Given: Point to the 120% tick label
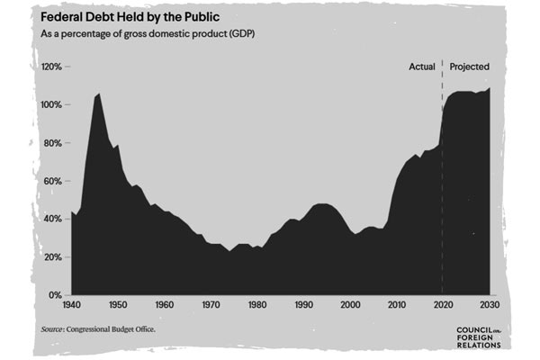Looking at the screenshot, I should click(49, 67).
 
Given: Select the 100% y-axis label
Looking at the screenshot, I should click(49, 105).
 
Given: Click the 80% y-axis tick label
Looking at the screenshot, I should click(51, 143).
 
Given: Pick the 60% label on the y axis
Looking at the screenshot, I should click(51, 181).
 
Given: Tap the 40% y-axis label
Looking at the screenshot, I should click(51, 219).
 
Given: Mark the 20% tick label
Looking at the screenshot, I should click(51, 256).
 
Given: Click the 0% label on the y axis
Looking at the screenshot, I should click(54, 294).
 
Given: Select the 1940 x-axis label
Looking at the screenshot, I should click(71, 305).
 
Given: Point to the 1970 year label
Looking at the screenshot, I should click(211, 305).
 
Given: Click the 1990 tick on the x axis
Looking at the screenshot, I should click(303, 305).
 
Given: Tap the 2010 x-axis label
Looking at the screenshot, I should click(397, 305).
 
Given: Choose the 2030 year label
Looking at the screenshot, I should click(490, 305).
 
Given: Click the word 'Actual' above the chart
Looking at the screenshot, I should click(422, 67).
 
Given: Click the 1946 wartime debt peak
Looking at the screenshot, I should click(98, 94).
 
